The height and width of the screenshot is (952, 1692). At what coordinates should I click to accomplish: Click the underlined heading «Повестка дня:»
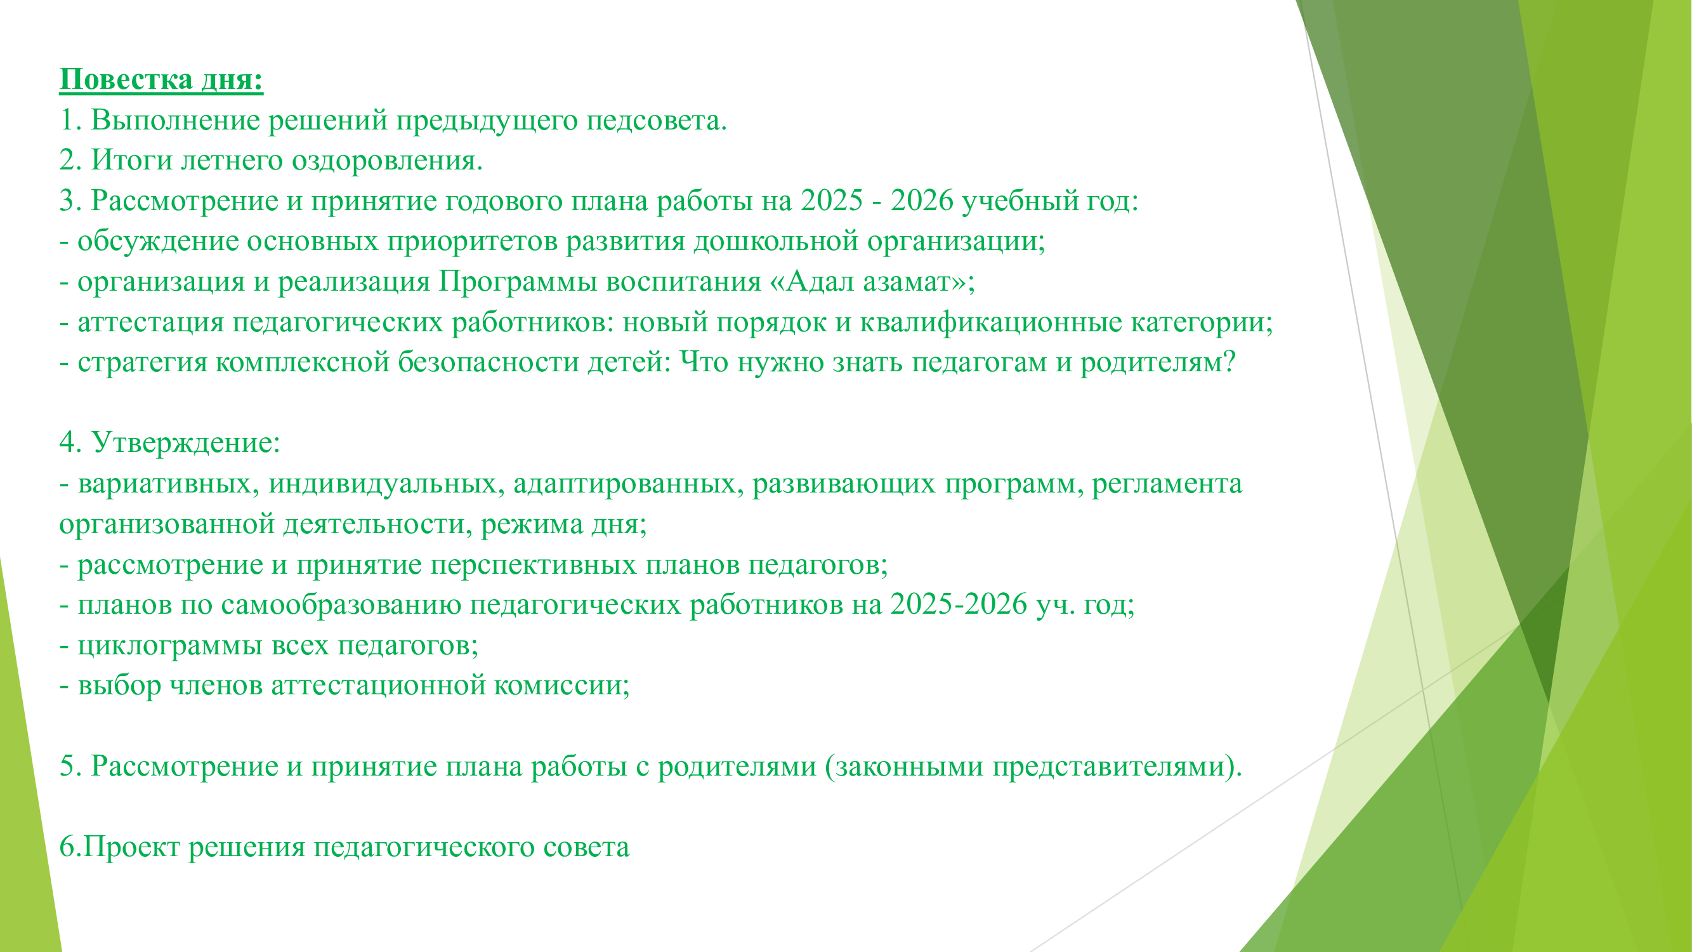tap(162, 80)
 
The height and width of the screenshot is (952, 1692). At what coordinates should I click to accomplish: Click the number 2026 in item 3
tap(922, 201)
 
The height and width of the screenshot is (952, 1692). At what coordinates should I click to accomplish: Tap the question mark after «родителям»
tap(1230, 362)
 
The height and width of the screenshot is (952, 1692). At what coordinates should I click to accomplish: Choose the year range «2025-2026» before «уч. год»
tap(959, 604)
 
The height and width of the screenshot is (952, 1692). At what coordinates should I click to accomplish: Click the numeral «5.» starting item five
tap(70, 767)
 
